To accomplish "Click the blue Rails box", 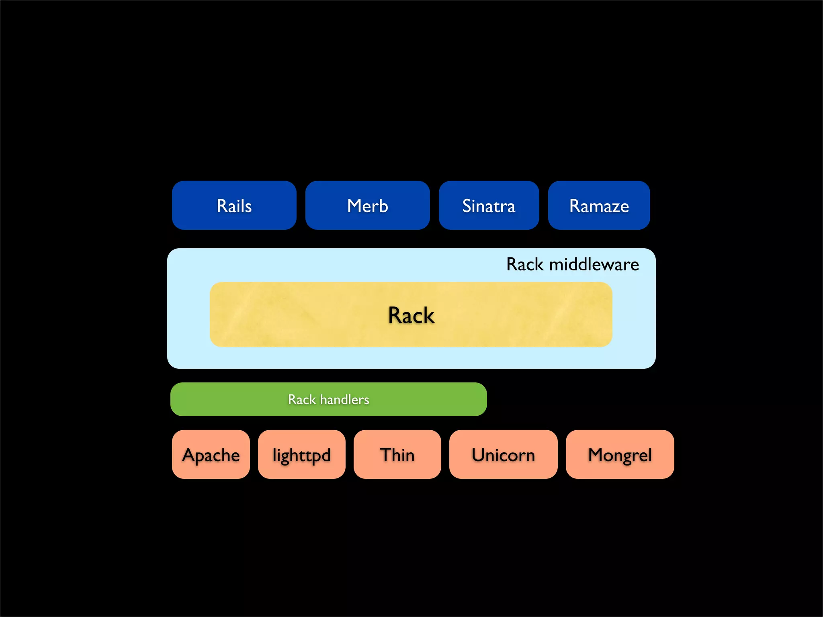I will [x=234, y=205].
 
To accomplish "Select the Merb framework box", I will [x=367, y=205].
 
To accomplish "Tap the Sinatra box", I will [x=489, y=205].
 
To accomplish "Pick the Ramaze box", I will [x=599, y=205].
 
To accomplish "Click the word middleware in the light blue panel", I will [x=594, y=264].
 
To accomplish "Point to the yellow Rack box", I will [x=411, y=315].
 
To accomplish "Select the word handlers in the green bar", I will [x=345, y=399].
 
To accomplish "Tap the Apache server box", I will [x=211, y=454].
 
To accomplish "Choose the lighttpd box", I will [x=301, y=454].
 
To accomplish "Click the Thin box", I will [x=397, y=454].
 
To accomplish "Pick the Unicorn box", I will [x=503, y=454].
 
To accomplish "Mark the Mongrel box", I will [x=620, y=454].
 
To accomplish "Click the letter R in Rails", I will [x=222, y=206].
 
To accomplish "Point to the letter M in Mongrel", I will [x=597, y=455].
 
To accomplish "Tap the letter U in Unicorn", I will [x=478, y=455].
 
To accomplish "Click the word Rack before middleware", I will [x=525, y=264].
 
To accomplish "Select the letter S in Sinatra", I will [x=467, y=206].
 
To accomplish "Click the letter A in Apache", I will [x=190, y=455].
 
